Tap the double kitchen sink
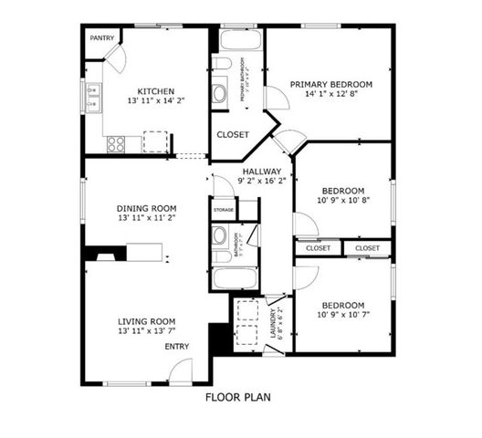(93, 98)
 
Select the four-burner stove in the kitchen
(117, 143)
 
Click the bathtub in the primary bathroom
(238, 41)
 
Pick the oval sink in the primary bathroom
(221, 93)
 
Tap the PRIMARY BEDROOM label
(330, 84)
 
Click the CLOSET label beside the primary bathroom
(233, 135)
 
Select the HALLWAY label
(262, 171)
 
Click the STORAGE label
(224, 211)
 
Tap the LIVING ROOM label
(146, 321)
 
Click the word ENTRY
(177, 347)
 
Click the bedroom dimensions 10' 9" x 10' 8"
(343, 200)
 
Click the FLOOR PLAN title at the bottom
(237, 397)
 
